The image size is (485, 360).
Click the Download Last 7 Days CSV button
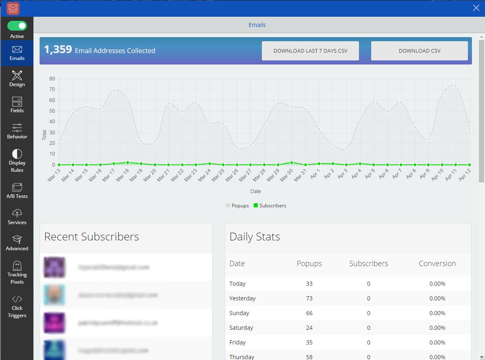tap(310, 51)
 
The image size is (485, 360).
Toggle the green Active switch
tap(17, 26)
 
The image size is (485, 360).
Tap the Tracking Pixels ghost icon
tap(17, 266)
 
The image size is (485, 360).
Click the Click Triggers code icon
tap(17, 299)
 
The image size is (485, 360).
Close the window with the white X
tap(476, 8)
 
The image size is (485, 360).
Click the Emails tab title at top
tap(257, 25)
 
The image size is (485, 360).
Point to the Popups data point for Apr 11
tap(456, 86)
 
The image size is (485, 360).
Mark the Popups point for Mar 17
tap(114, 91)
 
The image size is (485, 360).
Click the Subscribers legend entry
tap(270, 206)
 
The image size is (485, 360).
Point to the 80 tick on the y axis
tap(52, 79)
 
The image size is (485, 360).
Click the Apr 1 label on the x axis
tap(315, 176)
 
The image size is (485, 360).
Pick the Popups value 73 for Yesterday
tap(309, 298)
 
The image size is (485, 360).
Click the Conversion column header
tap(437, 264)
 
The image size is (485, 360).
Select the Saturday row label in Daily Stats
tap(241, 328)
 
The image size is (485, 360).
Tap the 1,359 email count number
tap(58, 50)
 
